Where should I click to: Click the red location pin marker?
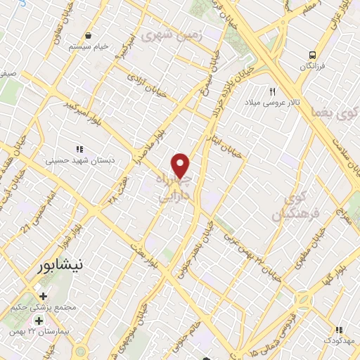[181, 166]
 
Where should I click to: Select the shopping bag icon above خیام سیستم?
[88, 35]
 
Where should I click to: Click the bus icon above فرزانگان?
[311, 54]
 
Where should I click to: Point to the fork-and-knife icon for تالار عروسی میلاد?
[273, 91]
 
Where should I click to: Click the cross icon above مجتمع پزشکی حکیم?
[44, 296]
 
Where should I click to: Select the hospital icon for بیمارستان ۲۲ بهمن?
[39, 320]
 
